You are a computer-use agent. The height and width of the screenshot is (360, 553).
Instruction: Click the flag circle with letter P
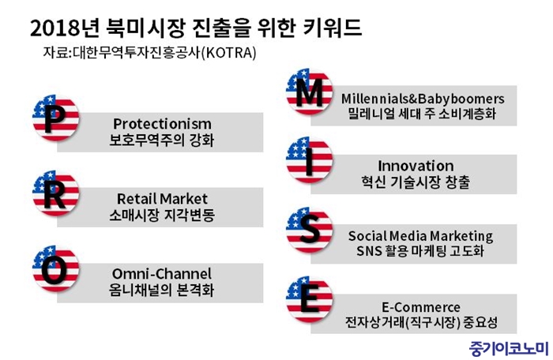pyautogui.click(x=55, y=118)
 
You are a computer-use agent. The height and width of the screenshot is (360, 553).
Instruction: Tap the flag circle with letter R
pyautogui.click(x=55, y=193)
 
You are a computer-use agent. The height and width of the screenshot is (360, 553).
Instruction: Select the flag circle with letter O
pyautogui.click(x=55, y=268)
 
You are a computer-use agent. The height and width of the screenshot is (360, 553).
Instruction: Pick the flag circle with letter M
pyautogui.click(x=309, y=92)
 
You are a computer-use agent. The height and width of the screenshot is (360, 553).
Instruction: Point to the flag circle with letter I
pyautogui.click(x=309, y=160)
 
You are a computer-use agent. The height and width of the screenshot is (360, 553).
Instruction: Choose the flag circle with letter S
pyautogui.click(x=309, y=230)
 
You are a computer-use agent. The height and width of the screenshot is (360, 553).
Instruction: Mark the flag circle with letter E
pyautogui.click(x=309, y=299)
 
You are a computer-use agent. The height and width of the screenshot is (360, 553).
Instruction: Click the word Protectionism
pyautogui.click(x=162, y=124)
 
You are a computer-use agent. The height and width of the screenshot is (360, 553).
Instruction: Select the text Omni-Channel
pyautogui.click(x=162, y=274)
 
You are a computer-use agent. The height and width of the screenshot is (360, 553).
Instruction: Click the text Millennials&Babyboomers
pyautogui.click(x=423, y=99)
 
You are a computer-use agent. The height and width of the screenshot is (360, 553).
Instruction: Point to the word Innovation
pyautogui.click(x=416, y=166)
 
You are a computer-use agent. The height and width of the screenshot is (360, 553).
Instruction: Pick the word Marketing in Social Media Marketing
pyautogui.click(x=461, y=236)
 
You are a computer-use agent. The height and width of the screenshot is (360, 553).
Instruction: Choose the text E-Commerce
pyautogui.click(x=421, y=307)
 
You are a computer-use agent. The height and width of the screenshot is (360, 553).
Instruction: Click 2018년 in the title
pyautogui.click(x=65, y=27)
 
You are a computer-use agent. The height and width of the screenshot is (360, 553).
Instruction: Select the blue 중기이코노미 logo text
pyautogui.click(x=509, y=349)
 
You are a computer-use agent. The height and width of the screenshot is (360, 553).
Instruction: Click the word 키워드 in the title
pyautogui.click(x=333, y=27)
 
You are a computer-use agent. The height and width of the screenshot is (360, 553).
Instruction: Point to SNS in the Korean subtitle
pyautogui.click(x=369, y=251)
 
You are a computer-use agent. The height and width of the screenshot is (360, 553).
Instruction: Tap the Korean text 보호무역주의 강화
pyautogui.click(x=161, y=140)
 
